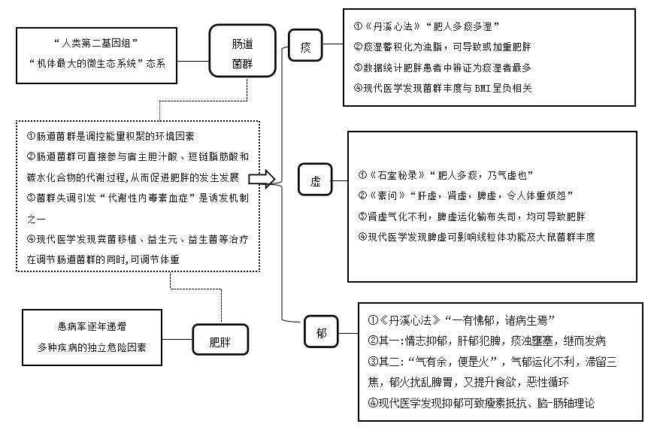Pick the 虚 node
point(316,181)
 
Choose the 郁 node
point(322,332)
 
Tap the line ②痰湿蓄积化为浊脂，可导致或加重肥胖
point(448,46)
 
